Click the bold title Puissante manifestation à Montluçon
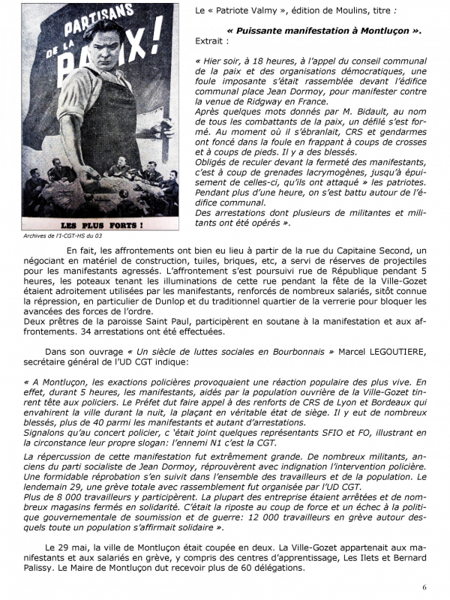323,31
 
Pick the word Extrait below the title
211,43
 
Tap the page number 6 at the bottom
424,586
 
